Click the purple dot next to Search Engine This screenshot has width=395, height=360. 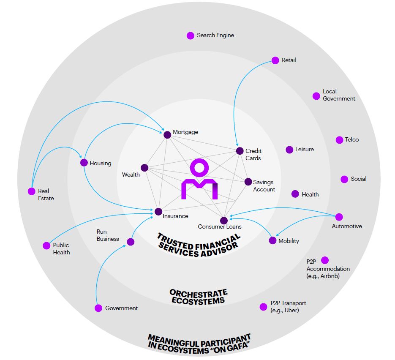[191, 35]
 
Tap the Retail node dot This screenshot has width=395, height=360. [275, 60]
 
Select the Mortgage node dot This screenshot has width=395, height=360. [167, 135]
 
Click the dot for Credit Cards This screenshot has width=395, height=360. [240, 151]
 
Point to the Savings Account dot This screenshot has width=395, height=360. [248, 182]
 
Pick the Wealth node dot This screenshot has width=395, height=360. [144, 168]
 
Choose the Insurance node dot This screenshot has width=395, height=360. [158, 211]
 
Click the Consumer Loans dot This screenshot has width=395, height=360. [224, 220]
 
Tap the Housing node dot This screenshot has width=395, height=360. [84, 163]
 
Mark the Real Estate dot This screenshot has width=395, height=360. [31, 191]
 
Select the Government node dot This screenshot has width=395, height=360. [98, 308]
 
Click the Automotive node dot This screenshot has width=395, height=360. [339, 217]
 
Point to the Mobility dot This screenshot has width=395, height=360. [272, 240]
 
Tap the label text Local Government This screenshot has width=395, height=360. [339, 95]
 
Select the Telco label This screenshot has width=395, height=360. [351, 140]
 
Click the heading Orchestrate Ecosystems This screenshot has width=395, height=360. [198, 297]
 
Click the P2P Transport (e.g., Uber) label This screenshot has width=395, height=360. [288, 307]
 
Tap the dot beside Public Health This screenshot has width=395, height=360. [46, 245]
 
